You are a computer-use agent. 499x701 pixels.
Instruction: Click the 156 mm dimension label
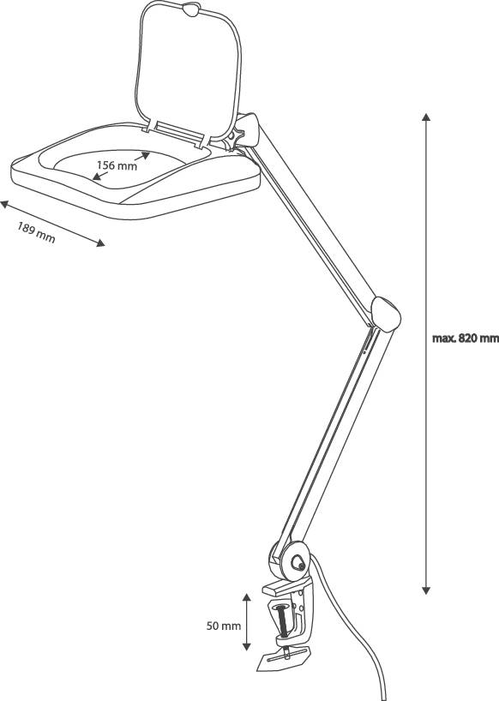pos(117,165)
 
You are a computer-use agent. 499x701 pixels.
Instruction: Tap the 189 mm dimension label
pos(36,232)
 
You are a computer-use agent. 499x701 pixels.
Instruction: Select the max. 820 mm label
pos(465,339)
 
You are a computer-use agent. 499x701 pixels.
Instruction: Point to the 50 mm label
pos(223,626)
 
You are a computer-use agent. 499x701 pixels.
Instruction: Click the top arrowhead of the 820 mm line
pos(426,117)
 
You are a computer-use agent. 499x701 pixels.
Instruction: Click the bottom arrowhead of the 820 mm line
pos(426,590)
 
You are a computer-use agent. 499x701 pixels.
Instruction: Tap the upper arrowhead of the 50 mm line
pos(246,598)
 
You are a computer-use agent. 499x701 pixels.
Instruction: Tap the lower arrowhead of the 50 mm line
pos(246,646)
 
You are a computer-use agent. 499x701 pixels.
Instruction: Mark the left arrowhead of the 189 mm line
pos(4,204)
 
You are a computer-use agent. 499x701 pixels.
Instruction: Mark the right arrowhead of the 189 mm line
pos(101,243)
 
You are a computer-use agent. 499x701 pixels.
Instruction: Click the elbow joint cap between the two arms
pos(386,314)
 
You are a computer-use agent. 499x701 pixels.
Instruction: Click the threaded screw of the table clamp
pos(283,622)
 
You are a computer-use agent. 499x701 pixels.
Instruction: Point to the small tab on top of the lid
pos(190,9)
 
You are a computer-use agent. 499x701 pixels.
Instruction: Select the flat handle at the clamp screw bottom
pos(284,658)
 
